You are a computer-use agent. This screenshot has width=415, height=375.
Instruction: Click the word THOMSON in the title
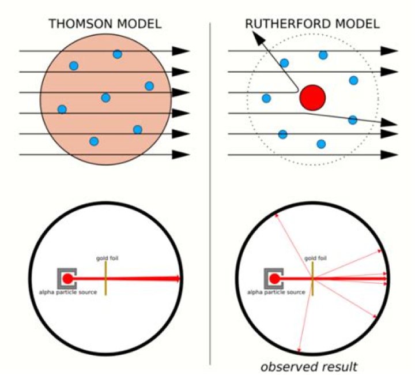pyautogui.click(x=81, y=24)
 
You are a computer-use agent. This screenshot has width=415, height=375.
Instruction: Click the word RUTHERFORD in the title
pyautogui.click(x=288, y=24)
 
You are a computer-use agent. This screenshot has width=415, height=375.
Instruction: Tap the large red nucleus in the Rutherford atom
pyautogui.click(x=312, y=97)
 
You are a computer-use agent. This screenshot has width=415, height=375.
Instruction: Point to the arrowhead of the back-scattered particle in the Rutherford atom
pyautogui.click(x=259, y=37)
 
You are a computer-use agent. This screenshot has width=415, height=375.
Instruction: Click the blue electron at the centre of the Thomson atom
pyautogui.click(x=105, y=97)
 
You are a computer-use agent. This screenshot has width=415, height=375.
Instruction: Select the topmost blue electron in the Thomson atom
pyautogui.click(x=117, y=54)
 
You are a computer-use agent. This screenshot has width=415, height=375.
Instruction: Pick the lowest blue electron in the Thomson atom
pyautogui.click(x=94, y=141)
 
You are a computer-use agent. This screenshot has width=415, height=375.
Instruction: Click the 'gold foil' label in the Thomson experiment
pyautogui.click(x=107, y=258)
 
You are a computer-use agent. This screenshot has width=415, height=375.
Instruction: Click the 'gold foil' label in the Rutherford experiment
pyautogui.click(x=315, y=258)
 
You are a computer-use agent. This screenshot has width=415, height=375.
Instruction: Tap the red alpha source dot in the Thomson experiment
pyautogui.click(x=67, y=279)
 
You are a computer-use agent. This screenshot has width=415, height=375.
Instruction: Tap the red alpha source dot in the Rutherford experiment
pyautogui.click(x=274, y=279)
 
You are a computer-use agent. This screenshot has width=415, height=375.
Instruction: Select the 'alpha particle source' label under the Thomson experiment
pyautogui.click(x=68, y=292)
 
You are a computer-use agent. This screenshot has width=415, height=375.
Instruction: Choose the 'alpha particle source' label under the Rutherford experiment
pyautogui.click(x=276, y=292)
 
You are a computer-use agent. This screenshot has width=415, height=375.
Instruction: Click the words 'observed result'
pyautogui.click(x=309, y=367)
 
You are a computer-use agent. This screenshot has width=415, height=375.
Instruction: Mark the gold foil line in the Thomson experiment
pyautogui.click(x=105, y=278)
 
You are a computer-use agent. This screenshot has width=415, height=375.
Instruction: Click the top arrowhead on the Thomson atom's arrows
pyautogui.click(x=181, y=51)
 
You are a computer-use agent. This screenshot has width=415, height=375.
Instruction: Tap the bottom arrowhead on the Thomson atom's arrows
pyautogui.click(x=181, y=155)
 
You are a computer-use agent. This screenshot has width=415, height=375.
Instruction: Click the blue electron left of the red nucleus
pyautogui.click(x=266, y=98)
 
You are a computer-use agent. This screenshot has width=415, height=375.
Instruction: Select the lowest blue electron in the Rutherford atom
pyautogui.click(x=321, y=144)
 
